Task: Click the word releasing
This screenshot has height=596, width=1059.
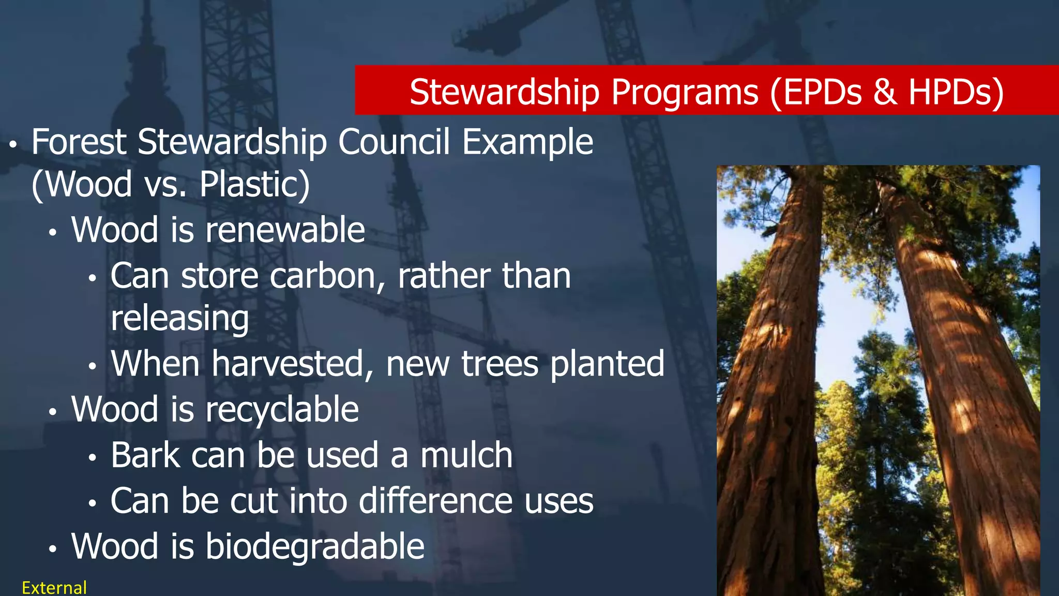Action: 179,318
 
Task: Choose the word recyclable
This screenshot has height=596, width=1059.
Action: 282,410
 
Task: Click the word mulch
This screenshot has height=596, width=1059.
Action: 466,455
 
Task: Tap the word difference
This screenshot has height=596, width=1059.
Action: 436,501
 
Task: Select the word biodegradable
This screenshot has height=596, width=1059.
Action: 315,546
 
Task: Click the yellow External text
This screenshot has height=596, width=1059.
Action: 54,588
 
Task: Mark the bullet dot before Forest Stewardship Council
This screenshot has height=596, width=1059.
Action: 14,145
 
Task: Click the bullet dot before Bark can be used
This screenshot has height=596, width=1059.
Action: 93,458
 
